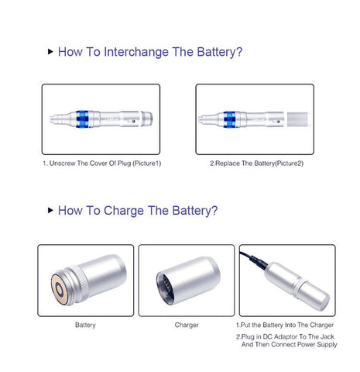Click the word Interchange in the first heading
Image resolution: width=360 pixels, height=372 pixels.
pyautogui.click(x=135, y=52)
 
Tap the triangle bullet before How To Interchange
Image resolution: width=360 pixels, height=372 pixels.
pyautogui.click(x=50, y=51)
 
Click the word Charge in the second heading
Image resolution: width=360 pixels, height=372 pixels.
pyautogui.click(x=124, y=211)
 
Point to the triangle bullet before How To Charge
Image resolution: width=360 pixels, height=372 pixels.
pyautogui.click(x=50, y=210)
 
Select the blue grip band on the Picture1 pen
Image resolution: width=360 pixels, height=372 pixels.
pyautogui.click(x=82, y=119)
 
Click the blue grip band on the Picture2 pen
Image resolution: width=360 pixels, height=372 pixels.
pyautogui.click(x=229, y=119)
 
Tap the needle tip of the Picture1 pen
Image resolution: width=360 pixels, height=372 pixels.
pyautogui.click(x=52, y=119)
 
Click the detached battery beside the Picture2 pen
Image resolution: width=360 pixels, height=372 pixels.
pyautogui.click(x=298, y=119)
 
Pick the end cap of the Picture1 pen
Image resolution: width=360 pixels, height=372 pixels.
pyautogui.click(x=147, y=119)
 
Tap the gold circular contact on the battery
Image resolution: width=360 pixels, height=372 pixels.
pyautogui.click(x=60, y=289)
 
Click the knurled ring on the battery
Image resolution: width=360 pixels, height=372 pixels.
pyautogui.click(x=82, y=284)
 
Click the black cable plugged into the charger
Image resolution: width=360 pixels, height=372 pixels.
pyautogui.click(x=254, y=260)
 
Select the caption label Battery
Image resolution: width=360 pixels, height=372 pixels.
pyautogui.click(x=85, y=325)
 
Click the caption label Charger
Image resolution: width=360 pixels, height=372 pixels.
pyautogui.click(x=187, y=325)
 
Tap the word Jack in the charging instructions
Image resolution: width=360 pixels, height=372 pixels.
pyautogui.click(x=327, y=336)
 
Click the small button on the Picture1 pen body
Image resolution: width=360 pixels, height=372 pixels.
pyautogui.click(x=133, y=121)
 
